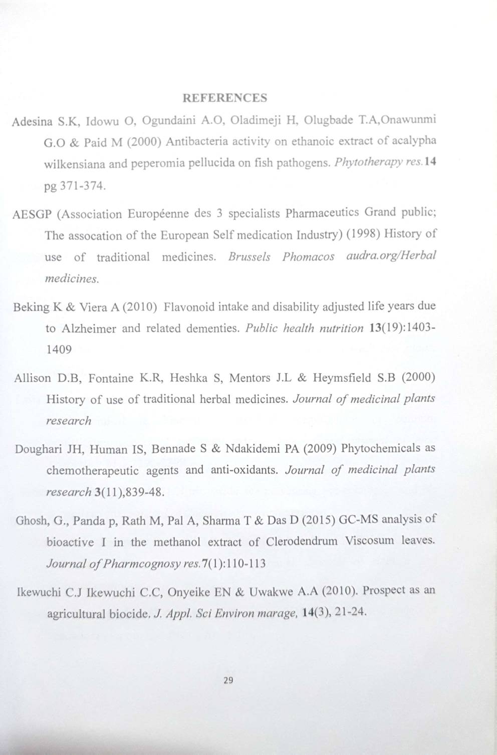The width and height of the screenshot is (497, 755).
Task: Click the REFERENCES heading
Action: tap(225, 98)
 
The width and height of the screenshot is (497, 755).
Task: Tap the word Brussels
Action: tap(249, 257)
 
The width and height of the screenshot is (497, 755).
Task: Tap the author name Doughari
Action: tap(38, 448)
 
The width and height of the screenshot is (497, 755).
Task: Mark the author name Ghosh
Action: tap(32, 520)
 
